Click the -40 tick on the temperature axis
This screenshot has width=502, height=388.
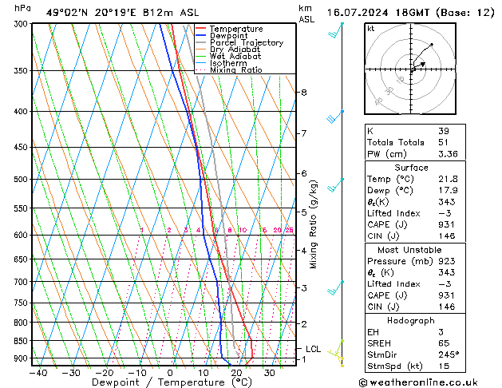pos(38,373)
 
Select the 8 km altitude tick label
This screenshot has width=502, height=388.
pos(303,93)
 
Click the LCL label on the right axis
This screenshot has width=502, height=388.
pos(313,349)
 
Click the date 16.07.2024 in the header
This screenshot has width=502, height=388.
pos(354,14)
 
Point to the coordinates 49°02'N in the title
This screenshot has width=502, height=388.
pos(66,13)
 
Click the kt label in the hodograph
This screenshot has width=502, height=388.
pos(370,29)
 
